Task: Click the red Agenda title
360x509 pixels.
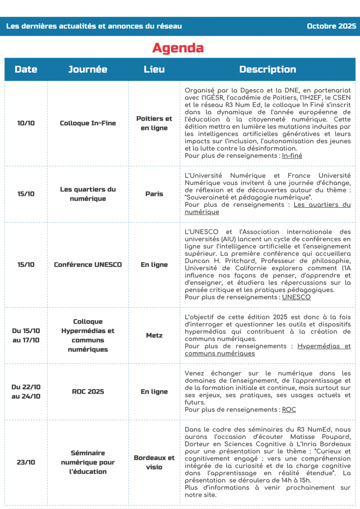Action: (178, 48)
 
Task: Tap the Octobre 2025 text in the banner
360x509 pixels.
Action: (331, 26)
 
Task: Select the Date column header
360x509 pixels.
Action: (26, 70)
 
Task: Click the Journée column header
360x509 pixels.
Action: (88, 70)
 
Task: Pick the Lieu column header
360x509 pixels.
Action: (154, 70)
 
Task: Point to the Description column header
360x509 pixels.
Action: (268, 70)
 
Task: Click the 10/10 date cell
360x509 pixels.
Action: (26, 123)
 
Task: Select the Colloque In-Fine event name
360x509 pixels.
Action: (88, 123)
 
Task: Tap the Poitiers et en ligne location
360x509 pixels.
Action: (154, 123)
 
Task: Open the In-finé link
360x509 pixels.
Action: (292, 156)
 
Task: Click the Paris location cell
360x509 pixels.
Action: (154, 194)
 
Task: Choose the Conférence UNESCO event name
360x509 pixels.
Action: (88, 264)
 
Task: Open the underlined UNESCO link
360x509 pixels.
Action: (296, 297)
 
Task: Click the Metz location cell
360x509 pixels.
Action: (154, 336)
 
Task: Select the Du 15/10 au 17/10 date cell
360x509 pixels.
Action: (26, 336)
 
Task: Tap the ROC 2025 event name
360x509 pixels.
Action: (88, 392)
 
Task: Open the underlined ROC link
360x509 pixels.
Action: (288, 410)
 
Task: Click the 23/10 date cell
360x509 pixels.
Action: (26, 462)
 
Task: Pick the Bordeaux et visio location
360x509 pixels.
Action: (154, 462)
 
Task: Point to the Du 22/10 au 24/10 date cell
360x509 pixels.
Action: (26, 392)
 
